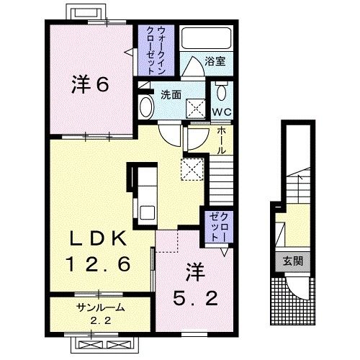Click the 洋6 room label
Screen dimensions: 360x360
tap(90, 84)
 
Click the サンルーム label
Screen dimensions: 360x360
tap(102, 307)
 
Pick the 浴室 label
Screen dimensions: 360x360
tap(215, 62)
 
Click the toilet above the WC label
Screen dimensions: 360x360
tap(220, 93)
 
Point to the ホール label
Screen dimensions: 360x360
tap(221, 140)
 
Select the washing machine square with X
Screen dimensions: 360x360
tap(194, 108)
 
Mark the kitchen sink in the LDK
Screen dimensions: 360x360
tap(146, 213)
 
